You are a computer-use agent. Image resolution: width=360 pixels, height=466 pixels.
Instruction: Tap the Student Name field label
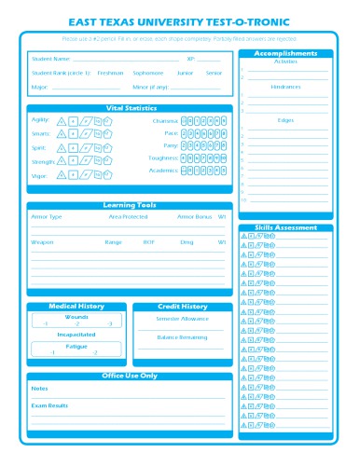50,59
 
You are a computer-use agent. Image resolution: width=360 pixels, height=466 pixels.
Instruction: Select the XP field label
190,59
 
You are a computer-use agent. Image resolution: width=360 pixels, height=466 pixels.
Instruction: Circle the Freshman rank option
110,72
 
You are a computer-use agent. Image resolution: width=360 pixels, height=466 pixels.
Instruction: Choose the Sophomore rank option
147,72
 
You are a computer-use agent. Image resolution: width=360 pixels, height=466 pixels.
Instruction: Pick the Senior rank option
215,72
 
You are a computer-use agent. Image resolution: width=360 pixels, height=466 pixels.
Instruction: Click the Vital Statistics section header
130,108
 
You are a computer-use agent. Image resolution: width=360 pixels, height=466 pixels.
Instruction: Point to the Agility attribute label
40,120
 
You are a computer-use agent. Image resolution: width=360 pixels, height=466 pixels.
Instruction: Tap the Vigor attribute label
39,175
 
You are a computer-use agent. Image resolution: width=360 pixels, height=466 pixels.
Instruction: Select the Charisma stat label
166,120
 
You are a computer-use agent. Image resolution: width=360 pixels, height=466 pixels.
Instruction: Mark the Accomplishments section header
285,53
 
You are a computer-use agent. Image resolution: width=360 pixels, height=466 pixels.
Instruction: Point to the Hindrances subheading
285,87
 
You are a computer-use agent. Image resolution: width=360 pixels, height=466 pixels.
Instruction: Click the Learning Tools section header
130,205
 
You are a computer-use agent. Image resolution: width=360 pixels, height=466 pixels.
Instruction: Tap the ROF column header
149,241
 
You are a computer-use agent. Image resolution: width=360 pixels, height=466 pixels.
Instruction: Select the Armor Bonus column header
195,216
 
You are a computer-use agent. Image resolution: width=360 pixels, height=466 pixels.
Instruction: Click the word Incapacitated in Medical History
76,333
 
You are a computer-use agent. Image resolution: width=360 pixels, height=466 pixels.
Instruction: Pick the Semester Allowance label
182,319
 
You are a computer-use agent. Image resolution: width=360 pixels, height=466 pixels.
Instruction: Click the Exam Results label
49,405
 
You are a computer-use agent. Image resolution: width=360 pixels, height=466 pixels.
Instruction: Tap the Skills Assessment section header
285,227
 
